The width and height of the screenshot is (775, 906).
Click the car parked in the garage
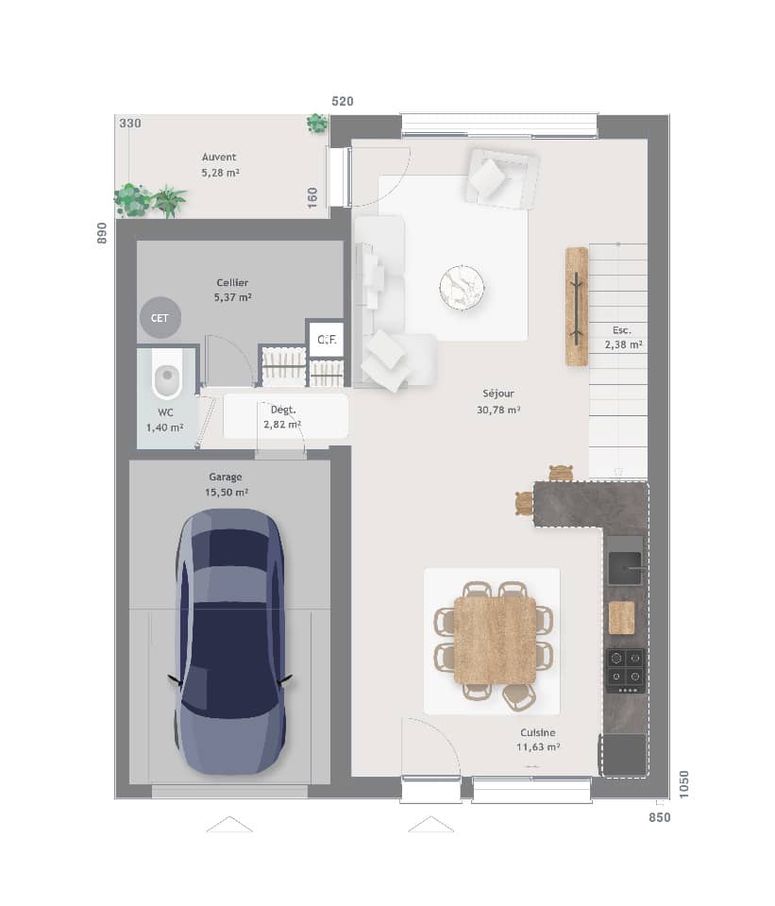229,641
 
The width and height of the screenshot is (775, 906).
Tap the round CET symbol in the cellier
160,318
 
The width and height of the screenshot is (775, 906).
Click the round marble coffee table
462,286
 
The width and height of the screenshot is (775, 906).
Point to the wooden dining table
495,640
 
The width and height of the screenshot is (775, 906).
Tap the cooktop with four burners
625,668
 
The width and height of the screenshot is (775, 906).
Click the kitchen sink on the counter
624,568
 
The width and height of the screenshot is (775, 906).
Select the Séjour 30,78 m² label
498,401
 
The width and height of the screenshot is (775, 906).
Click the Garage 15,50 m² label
226,484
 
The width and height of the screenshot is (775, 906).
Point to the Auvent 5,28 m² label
219,165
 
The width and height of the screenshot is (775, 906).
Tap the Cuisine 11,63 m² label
538,739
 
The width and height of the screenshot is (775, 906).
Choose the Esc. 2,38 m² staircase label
622,338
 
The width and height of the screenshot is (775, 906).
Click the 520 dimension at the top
342,101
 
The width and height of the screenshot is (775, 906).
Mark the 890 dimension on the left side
102,233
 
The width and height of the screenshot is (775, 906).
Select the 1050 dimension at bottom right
684,783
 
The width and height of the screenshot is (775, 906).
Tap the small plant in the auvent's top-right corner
317,124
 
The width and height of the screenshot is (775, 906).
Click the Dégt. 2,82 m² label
282,417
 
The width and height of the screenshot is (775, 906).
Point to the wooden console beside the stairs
576,306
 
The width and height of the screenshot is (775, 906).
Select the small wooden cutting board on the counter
621,617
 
